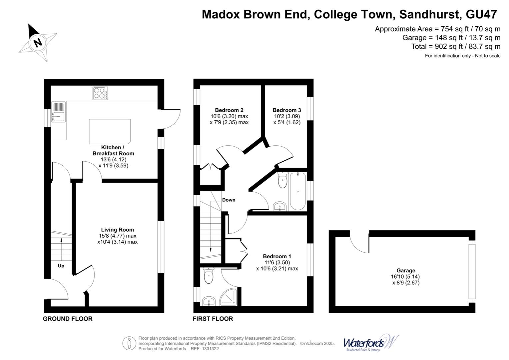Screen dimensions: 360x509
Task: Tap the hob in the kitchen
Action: click(100, 93)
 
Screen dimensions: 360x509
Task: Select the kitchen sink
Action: click(59, 112)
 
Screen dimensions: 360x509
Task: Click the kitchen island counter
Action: click(110, 131)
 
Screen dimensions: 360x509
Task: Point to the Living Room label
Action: click(117, 230)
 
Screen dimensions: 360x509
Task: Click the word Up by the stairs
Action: click(61, 266)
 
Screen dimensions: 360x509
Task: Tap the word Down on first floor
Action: click(229, 200)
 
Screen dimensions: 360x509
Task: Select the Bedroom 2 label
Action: click(229, 110)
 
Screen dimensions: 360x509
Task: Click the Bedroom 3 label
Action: click(286, 110)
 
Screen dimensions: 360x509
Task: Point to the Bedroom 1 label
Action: click(277, 256)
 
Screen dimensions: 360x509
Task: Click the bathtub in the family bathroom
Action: click(297, 191)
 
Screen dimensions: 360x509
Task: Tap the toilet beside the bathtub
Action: click(282, 180)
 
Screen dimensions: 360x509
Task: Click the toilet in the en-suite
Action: click(208, 275)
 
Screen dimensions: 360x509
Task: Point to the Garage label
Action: click(405, 271)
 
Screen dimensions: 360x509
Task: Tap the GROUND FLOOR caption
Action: click(68, 319)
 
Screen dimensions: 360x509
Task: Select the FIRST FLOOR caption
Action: click(213, 319)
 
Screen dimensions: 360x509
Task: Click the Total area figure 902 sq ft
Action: click(456, 47)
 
